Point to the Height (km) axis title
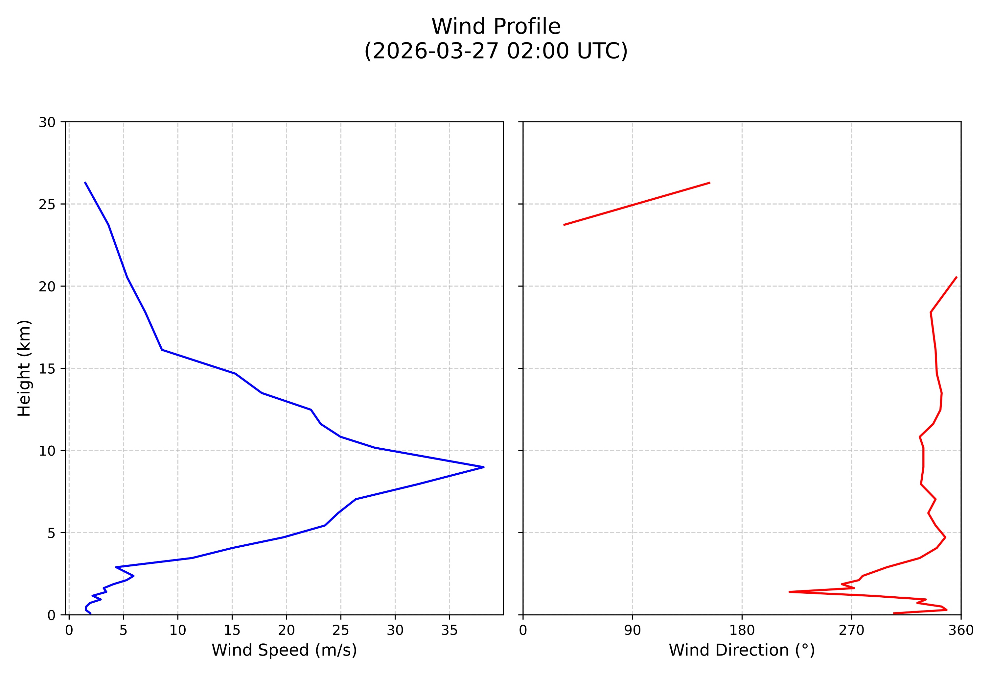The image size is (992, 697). tap(24, 368)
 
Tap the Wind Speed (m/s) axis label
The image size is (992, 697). tap(284, 650)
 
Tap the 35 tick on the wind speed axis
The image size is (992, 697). tap(449, 631)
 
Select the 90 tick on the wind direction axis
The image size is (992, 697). tap(633, 631)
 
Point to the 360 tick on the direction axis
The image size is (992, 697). tap(961, 631)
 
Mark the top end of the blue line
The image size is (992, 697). tap(85, 183)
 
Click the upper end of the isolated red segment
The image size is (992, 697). tap(710, 183)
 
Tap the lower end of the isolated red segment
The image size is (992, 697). tap(564, 225)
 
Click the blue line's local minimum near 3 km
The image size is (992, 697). tap(116, 567)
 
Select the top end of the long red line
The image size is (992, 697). tap(957, 277)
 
